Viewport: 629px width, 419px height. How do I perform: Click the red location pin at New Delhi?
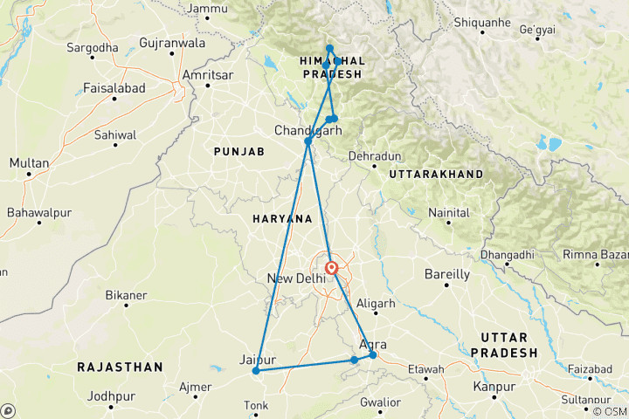[x=332, y=268]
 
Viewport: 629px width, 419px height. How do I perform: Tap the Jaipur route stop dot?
[x=256, y=370]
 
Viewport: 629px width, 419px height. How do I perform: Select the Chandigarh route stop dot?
[x=308, y=141]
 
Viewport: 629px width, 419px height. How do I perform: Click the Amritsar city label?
[x=207, y=75]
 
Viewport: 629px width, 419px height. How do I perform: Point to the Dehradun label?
[x=374, y=155]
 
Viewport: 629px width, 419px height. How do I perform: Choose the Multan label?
[x=30, y=163]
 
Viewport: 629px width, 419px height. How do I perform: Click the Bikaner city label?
[x=126, y=295]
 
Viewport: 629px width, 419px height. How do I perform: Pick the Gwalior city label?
[x=381, y=402]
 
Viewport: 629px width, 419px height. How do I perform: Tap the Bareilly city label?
[x=446, y=274]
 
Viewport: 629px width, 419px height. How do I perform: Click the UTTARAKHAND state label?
[x=436, y=175]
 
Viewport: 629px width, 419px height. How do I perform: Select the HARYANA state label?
[x=281, y=217]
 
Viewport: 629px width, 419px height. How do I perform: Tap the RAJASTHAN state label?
[x=120, y=367]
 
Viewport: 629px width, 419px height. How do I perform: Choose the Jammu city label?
[x=208, y=9]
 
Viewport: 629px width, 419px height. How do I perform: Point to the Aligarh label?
[x=377, y=304]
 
